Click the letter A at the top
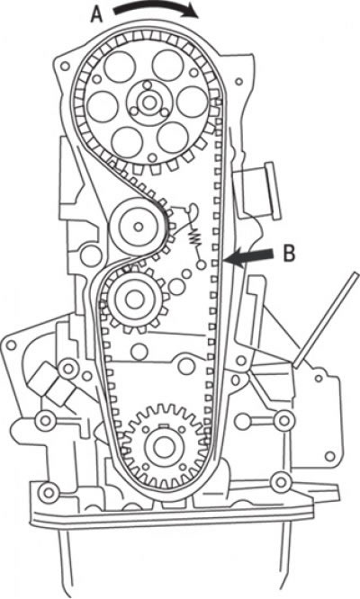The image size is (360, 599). pos(97,15)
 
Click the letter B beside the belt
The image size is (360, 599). pos(290,254)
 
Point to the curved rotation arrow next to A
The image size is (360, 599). pos(157,8)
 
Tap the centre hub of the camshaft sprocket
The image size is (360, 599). pos(148,103)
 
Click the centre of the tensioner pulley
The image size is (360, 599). pos(138,227)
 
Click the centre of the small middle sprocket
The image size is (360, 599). pos(134,299)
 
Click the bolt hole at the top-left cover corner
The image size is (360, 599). pos(65,67)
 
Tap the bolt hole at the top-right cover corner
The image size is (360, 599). pos(238,81)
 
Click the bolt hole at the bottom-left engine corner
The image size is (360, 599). pos(49,493)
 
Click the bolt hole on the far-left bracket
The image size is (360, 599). pos(11,345)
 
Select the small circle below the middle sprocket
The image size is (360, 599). pos(139,351)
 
